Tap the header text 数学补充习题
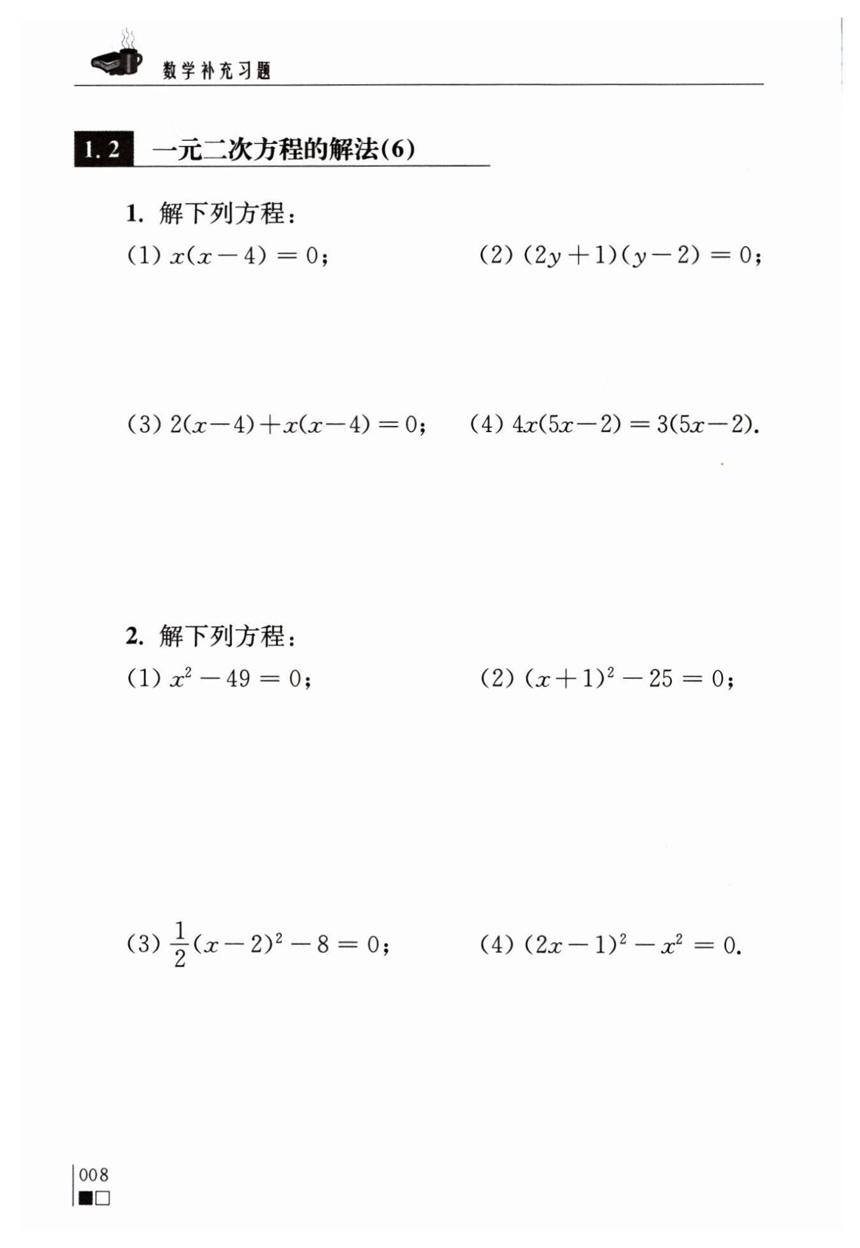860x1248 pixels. (217, 70)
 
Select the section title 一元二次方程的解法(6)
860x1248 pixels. (284, 150)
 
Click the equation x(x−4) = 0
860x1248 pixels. (249, 256)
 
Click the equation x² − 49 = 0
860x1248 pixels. (240, 678)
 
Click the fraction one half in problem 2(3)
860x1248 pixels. (180, 945)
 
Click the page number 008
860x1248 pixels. (94, 1175)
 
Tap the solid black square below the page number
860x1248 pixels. (86, 1198)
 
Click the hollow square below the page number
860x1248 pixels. (103, 1198)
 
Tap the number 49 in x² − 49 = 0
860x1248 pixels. (237, 679)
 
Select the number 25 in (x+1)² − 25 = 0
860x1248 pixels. (661, 679)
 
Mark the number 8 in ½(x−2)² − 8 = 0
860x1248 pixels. (323, 945)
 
